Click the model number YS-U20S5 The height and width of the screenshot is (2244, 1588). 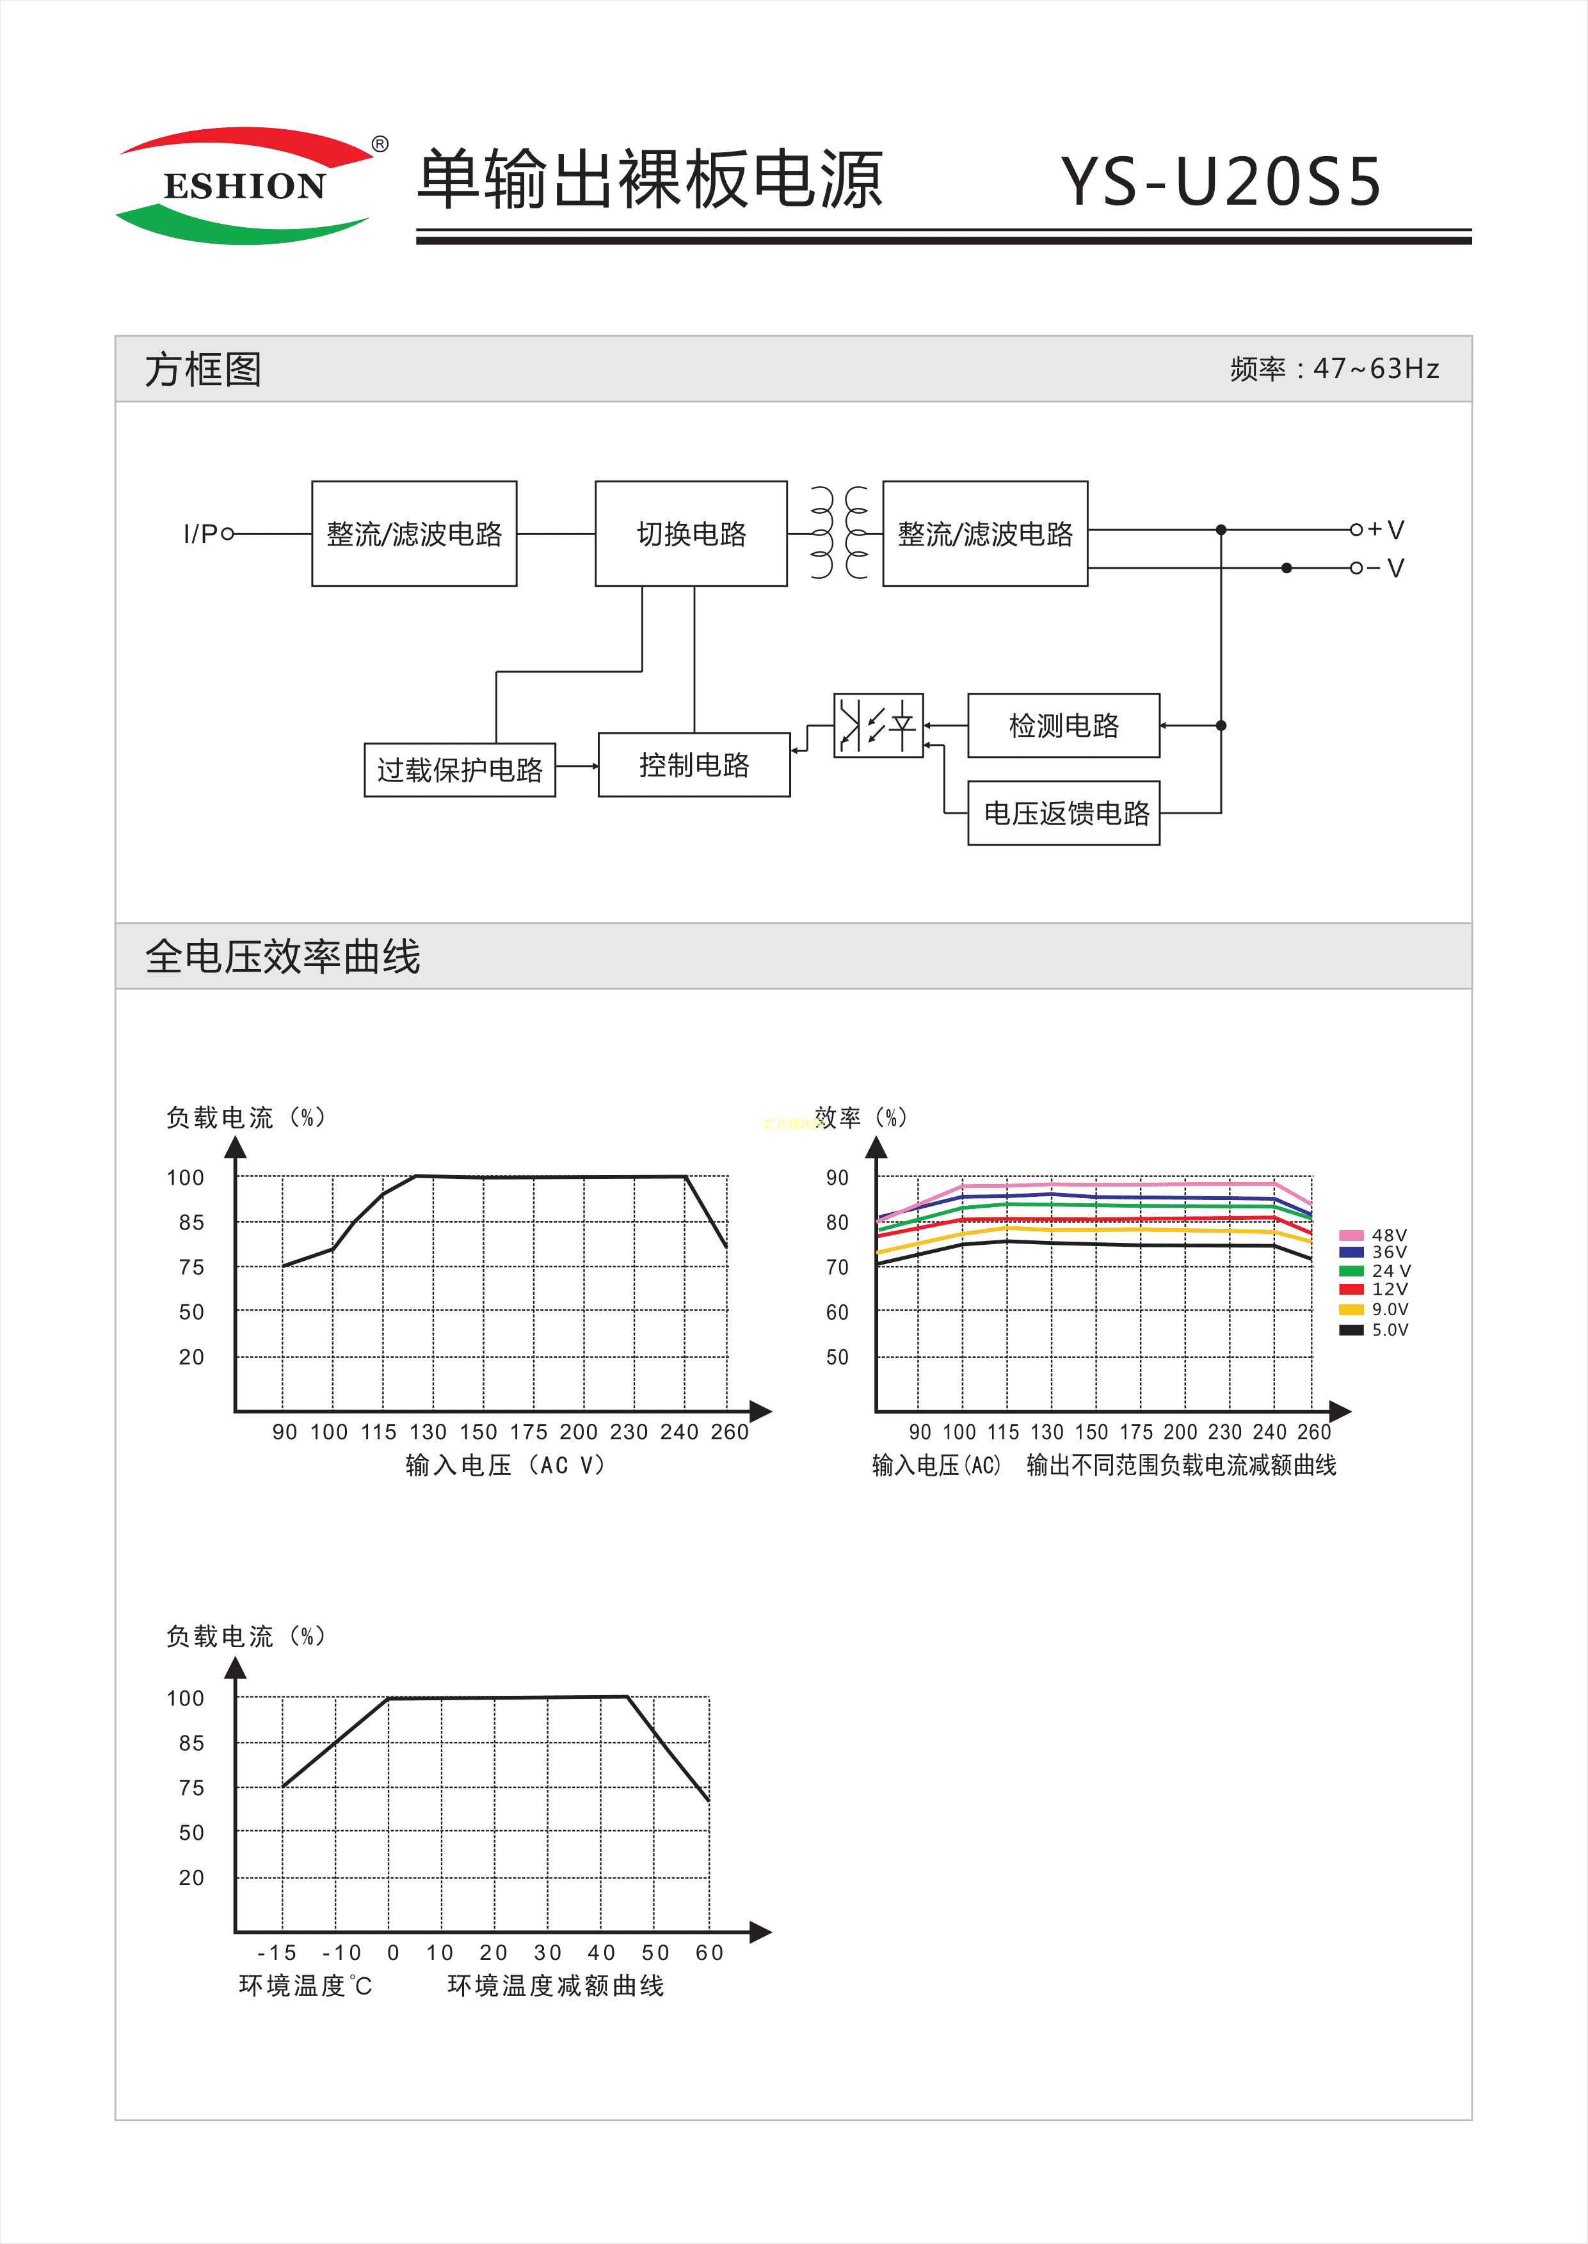[x=1221, y=182]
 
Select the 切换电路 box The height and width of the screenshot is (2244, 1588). [x=691, y=533]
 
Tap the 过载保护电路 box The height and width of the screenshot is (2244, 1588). [x=460, y=770]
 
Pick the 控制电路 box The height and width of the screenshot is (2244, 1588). [x=694, y=764]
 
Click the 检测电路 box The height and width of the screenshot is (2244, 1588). [x=1064, y=725]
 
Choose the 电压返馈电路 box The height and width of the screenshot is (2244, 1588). [x=1064, y=813]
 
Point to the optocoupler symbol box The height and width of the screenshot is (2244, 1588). [x=878, y=725]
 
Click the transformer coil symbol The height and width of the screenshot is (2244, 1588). [x=839, y=533]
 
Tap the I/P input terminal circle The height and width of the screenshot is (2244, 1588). [x=228, y=533]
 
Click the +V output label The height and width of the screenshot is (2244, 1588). [x=1386, y=530]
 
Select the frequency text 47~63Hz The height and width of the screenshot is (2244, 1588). [x=1375, y=368]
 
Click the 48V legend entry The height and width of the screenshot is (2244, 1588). [x=1373, y=1235]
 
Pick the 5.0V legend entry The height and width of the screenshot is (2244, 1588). [x=1373, y=1329]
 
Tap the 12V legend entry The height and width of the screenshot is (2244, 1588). [x=1373, y=1289]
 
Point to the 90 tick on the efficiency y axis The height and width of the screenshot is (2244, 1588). [x=837, y=1178]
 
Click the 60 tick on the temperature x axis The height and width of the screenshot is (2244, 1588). [x=709, y=1953]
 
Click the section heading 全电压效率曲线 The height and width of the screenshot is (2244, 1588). [x=283, y=956]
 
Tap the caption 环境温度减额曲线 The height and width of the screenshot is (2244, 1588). [x=556, y=1986]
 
